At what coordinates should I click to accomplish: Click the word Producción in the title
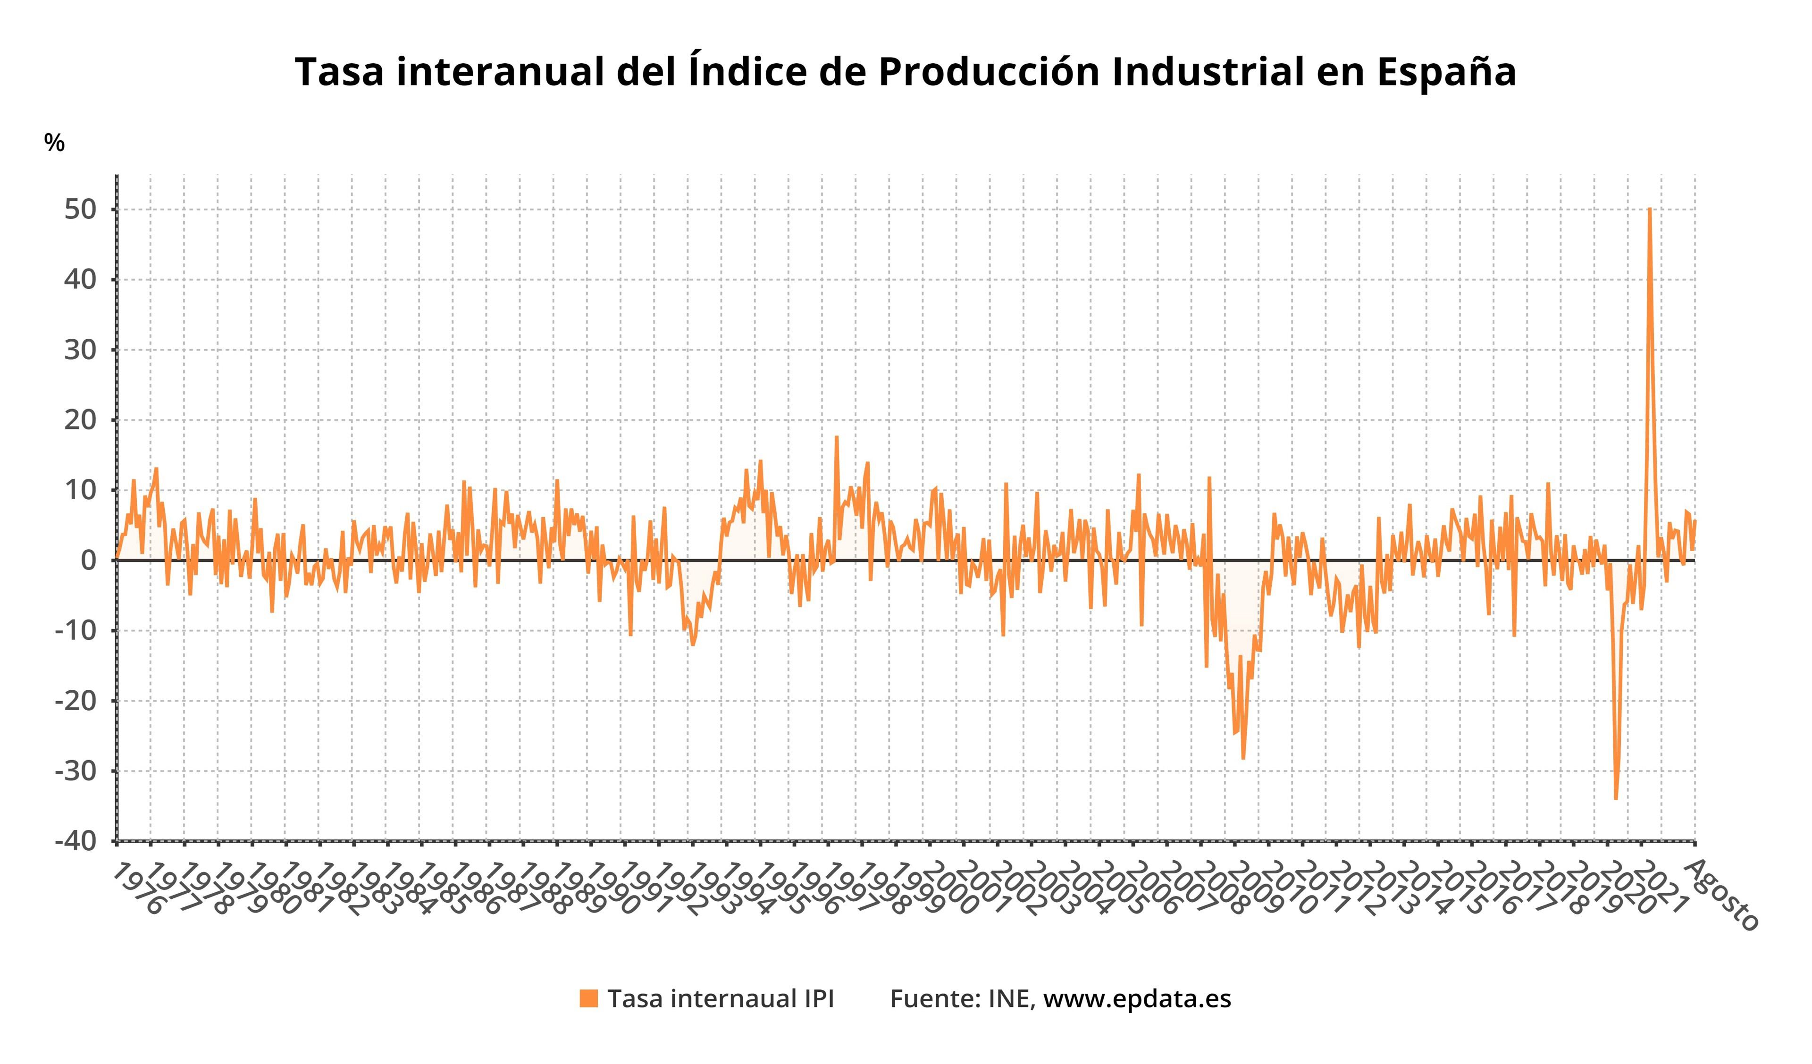[988, 72]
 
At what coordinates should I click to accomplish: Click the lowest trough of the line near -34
[1616, 798]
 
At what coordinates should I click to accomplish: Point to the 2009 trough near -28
[1242, 758]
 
